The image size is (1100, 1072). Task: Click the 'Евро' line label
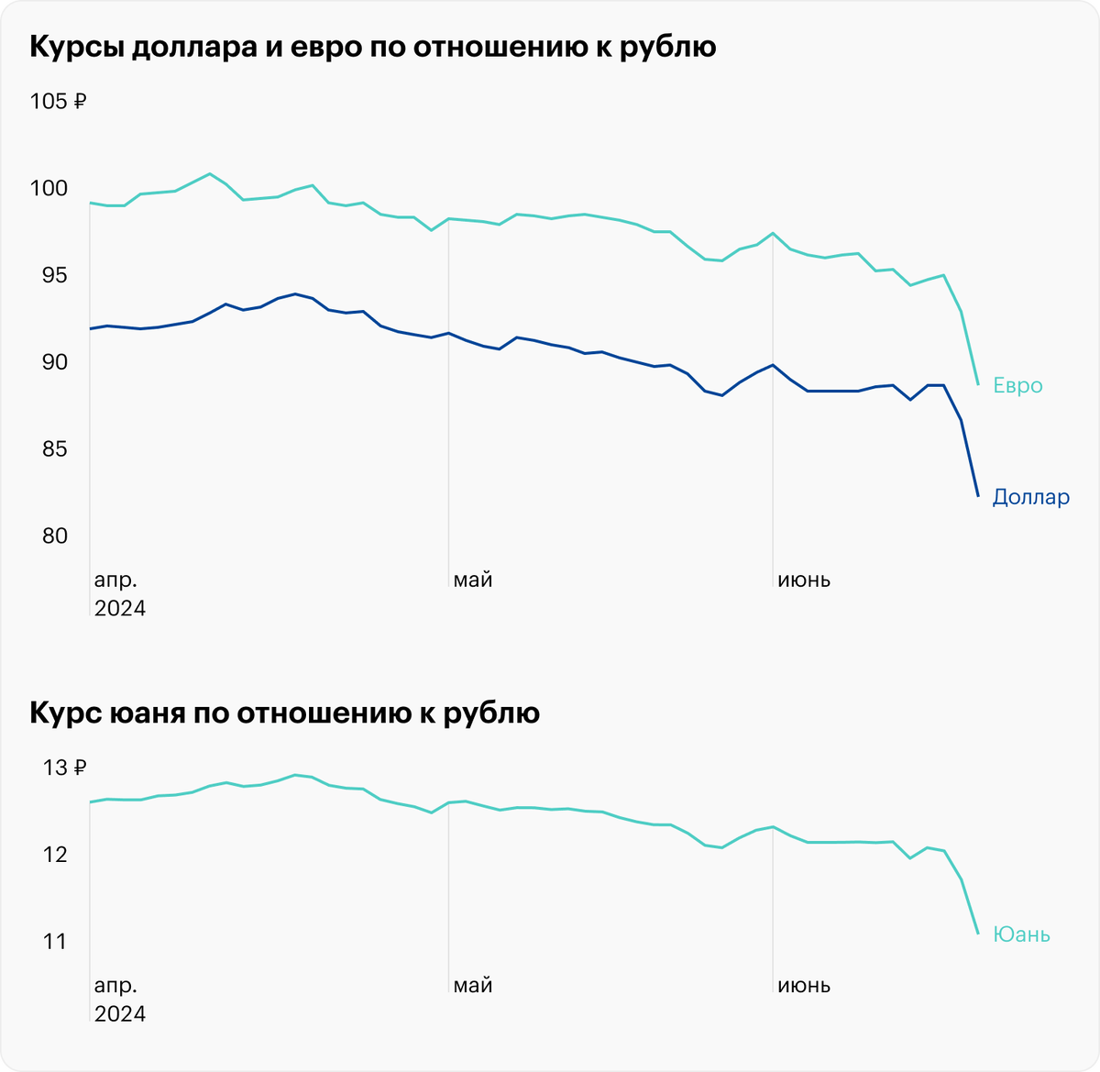pyautogui.click(x=1017, y=385)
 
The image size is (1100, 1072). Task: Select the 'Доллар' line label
pyautogui.click(x=1030, y=497)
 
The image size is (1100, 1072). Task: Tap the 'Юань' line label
pyautogui.click(x=1021, y=934)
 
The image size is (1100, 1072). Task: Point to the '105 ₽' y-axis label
pyautogui.click(x=58, y=102)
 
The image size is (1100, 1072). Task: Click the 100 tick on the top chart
pyautogui.click(x=49, y=188)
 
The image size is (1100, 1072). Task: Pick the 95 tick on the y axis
pyautogui.click(x=49, y=275)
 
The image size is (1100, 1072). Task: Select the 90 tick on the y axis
pyautogui.click(x=49, y=362)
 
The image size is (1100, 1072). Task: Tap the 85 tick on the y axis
pyautogui.click(x=49, y=449)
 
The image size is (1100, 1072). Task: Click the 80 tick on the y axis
pyautogui.click(x=49, y=536)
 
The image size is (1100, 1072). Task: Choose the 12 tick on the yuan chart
pyautogui.click(x=55, y=855)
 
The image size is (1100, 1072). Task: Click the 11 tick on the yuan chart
pyautogui.click(x=55, y=942)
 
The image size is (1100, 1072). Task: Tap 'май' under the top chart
pyautogui.click(x=473, y=580)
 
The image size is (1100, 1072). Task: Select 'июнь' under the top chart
pyautogui.click(x=804, y=580)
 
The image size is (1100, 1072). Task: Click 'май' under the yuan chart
pyautogui.click(x=473, y=986)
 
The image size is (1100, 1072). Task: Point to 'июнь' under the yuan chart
pyautogui.click(x=804, y=986)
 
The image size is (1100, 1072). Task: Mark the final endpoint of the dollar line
pyautogui.click(x=978, y=496)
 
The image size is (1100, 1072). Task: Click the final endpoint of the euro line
pyautogui.click(x=978, y=384)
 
